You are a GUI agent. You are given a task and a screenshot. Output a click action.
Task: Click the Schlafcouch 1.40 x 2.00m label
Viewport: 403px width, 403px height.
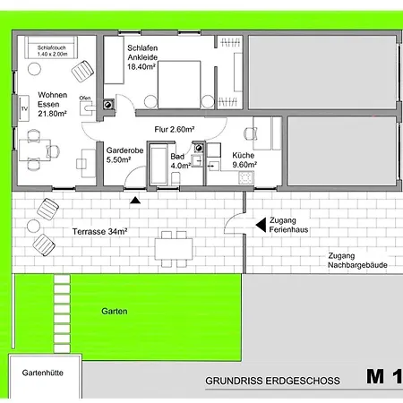click(52, 51)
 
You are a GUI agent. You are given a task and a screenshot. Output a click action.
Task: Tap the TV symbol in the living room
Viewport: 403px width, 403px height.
click(24, 108)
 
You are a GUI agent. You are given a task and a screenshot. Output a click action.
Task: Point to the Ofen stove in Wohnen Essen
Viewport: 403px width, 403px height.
click(87, 108)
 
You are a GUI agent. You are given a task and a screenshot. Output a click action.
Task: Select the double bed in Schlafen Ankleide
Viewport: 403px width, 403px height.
click(179, 84)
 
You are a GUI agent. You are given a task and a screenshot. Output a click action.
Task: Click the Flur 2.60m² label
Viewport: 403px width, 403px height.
click(175, 129)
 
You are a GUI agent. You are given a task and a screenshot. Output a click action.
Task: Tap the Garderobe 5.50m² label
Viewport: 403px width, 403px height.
click(124, 155)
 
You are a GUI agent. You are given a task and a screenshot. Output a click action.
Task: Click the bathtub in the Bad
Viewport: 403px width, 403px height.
click(159, 165)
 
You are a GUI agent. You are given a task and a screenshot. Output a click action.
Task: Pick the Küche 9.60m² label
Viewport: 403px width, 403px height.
click(244, 160)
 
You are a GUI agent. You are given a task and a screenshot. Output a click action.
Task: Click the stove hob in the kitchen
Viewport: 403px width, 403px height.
click(246, 177)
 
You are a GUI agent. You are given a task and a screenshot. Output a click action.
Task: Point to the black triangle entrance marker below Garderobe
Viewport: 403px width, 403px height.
click(135, 200)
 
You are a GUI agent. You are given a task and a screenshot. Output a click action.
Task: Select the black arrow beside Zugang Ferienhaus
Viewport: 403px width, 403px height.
click(261, 225)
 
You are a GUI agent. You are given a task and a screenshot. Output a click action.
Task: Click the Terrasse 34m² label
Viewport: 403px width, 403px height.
click(99, 231)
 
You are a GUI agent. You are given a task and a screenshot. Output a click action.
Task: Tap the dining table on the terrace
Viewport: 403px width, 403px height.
click(174, 249)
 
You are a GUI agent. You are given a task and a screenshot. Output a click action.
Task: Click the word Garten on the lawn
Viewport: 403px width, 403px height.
click(115, 311)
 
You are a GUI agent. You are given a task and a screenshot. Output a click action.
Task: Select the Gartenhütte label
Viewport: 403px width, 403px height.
click(43, 373)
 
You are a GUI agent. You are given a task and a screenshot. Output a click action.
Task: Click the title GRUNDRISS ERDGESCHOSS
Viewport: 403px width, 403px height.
click(272, 381)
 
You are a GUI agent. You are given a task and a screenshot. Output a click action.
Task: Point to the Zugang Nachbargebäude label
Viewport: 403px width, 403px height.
click(357, 261)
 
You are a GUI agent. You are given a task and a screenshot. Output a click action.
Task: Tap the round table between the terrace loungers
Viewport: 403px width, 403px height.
click(33, 227)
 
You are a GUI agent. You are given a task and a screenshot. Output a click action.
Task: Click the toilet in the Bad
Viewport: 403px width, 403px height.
click(176, 178)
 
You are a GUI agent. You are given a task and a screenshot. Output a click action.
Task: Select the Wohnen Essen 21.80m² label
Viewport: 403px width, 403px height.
click(52, 104)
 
